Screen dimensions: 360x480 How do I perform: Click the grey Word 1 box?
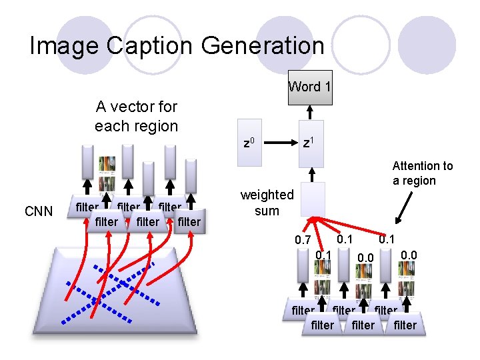pos(309,87)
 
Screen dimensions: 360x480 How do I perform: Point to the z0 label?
pos(249,143)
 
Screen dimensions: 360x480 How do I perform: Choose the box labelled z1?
pos(311,143)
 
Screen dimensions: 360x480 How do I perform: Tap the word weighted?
pos(267,195)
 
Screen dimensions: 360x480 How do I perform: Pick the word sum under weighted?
pos(267,211)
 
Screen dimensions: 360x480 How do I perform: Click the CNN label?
pos(39,212)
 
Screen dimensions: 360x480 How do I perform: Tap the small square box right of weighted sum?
pos(313,199)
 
